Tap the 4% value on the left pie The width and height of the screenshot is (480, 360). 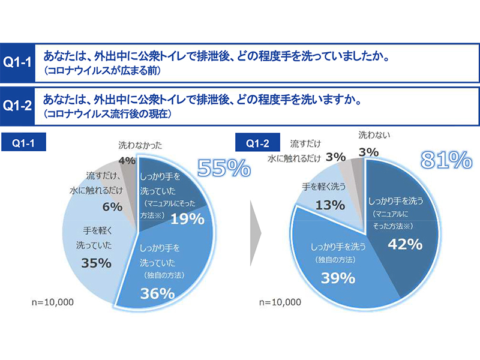(126, 161)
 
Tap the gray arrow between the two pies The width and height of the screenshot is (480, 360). (256, 227)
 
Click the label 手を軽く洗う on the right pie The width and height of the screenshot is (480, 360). (324, 186)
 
